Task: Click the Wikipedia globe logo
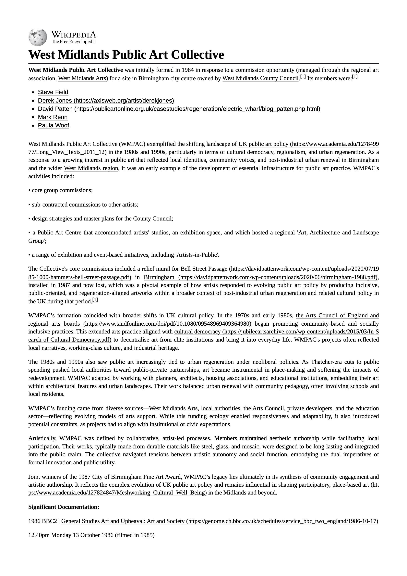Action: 38,37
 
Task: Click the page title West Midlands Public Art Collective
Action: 126,55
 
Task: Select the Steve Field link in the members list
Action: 53,92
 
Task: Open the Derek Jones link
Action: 106,101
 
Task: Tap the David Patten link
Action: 179,109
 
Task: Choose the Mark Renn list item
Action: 53,117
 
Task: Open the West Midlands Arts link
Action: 82,78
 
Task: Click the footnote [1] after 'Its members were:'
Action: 355,77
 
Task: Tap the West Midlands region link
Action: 91,168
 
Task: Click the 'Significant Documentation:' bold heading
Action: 64,507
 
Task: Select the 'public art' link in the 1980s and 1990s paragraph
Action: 122,362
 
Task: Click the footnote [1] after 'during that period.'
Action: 95,300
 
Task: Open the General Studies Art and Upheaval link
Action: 220,521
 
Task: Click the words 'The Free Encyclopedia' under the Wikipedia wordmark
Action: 74,42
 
